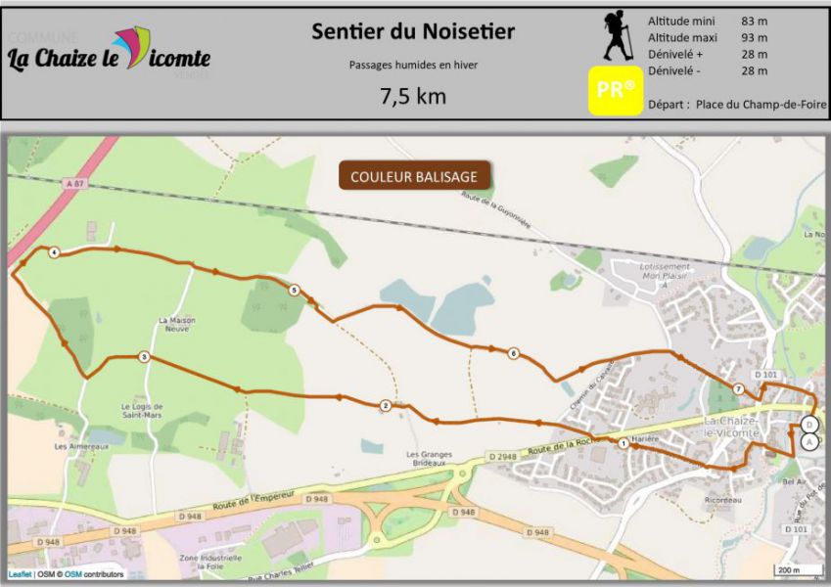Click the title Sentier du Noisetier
[413, 31]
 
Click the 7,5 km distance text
[413, 96]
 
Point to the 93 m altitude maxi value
[754, 37]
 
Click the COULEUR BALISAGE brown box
[414, 176]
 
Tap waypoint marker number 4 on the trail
[54, 253]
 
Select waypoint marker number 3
[144, 358]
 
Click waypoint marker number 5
[294, 290]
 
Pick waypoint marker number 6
[512, 353]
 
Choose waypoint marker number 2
[386, 405]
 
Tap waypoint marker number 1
[623, 443]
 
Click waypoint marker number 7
[738, 389]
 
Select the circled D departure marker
[808, 424]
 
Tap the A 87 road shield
[69, 184]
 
